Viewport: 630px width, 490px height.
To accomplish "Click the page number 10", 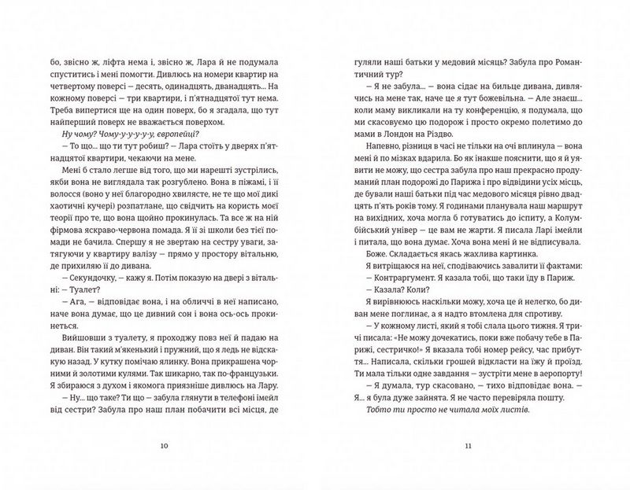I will [x=164, y=445].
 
